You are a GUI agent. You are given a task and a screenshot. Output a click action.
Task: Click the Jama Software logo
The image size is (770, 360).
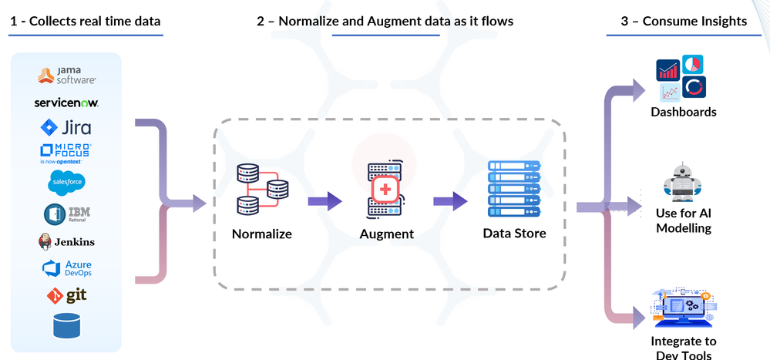coord(67,76)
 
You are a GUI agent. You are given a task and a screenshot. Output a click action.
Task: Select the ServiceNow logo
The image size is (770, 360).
coord(66,103)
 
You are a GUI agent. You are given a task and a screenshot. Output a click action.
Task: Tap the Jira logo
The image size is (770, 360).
coord(66,127)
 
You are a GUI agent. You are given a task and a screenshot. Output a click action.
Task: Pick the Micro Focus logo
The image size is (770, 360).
coord(66,152)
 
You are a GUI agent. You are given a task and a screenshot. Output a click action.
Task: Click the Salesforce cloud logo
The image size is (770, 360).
coord(66,182)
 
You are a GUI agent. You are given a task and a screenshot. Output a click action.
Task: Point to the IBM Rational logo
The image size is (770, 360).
coord(67,213)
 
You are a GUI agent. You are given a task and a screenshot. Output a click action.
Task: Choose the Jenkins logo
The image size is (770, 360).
coord(66,241)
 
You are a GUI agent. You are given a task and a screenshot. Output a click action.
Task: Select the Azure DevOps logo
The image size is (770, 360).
coord(67,269)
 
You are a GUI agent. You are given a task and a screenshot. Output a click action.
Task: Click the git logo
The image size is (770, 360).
coord(66,295)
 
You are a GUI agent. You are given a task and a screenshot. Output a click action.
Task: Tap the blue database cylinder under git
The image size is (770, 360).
coord(67,325)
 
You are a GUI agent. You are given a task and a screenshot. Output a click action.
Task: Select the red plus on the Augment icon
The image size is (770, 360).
coord(384,190)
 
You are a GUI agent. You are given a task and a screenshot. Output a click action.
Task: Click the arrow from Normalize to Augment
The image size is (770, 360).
coord(324,201)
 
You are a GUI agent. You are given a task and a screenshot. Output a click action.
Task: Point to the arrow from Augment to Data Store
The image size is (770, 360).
coord(450,201)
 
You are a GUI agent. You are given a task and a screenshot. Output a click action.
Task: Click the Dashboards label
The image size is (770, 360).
coord(683,112)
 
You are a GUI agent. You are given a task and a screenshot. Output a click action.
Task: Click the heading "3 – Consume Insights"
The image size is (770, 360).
coord(684,21)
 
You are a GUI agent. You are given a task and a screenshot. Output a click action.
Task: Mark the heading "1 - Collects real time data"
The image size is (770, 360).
coord(85,21)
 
